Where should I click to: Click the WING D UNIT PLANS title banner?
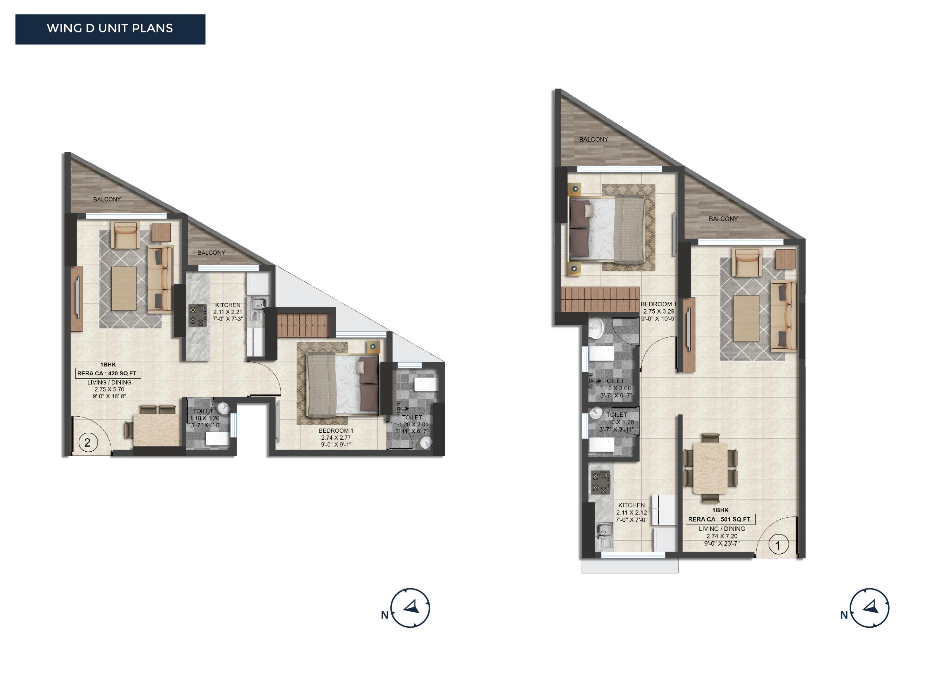(x=110, y=29)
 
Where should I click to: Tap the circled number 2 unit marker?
(x=87, y=443)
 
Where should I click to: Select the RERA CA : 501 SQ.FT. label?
(x=720, y=519)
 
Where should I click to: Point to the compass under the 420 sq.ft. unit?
(x=410, y=608)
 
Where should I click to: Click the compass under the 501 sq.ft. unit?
(x=869, y=608)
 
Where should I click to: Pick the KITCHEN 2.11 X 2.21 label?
(x=228, y=312)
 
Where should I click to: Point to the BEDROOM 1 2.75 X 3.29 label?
(x=658, y=311)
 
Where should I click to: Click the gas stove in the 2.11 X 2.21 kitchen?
(x=198, y=316)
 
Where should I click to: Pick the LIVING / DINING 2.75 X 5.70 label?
(x=110, y=389)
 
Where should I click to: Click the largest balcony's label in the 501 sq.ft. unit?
(x=594, y=139)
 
